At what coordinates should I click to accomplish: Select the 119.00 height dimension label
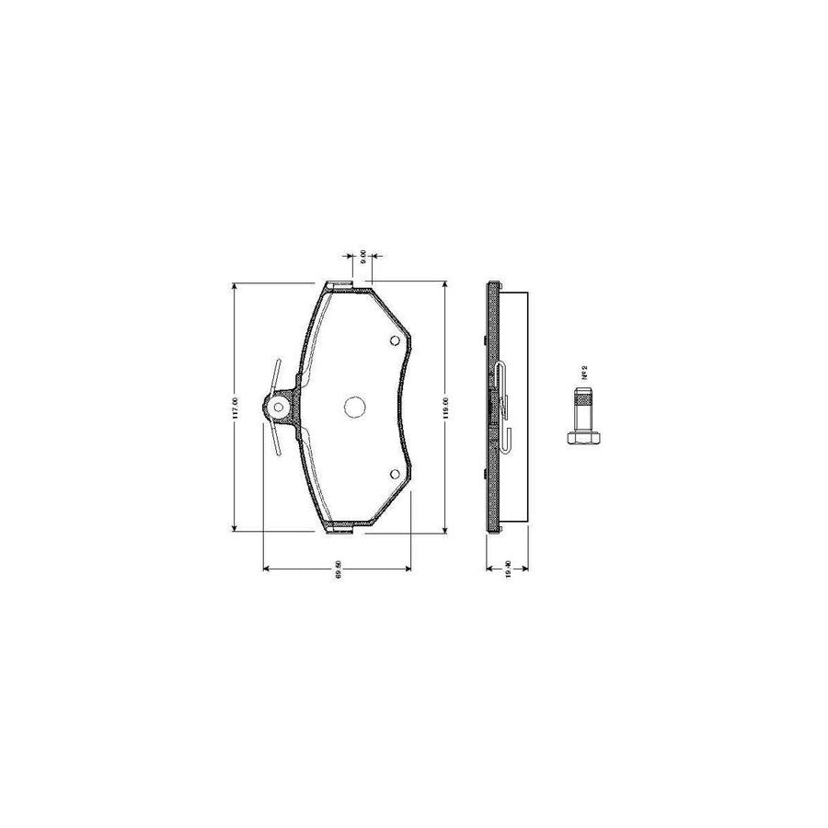coord(445,407)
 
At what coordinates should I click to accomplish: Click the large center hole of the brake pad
coord(353,407)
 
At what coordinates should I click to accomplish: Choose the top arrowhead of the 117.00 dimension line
coord(236,288)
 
